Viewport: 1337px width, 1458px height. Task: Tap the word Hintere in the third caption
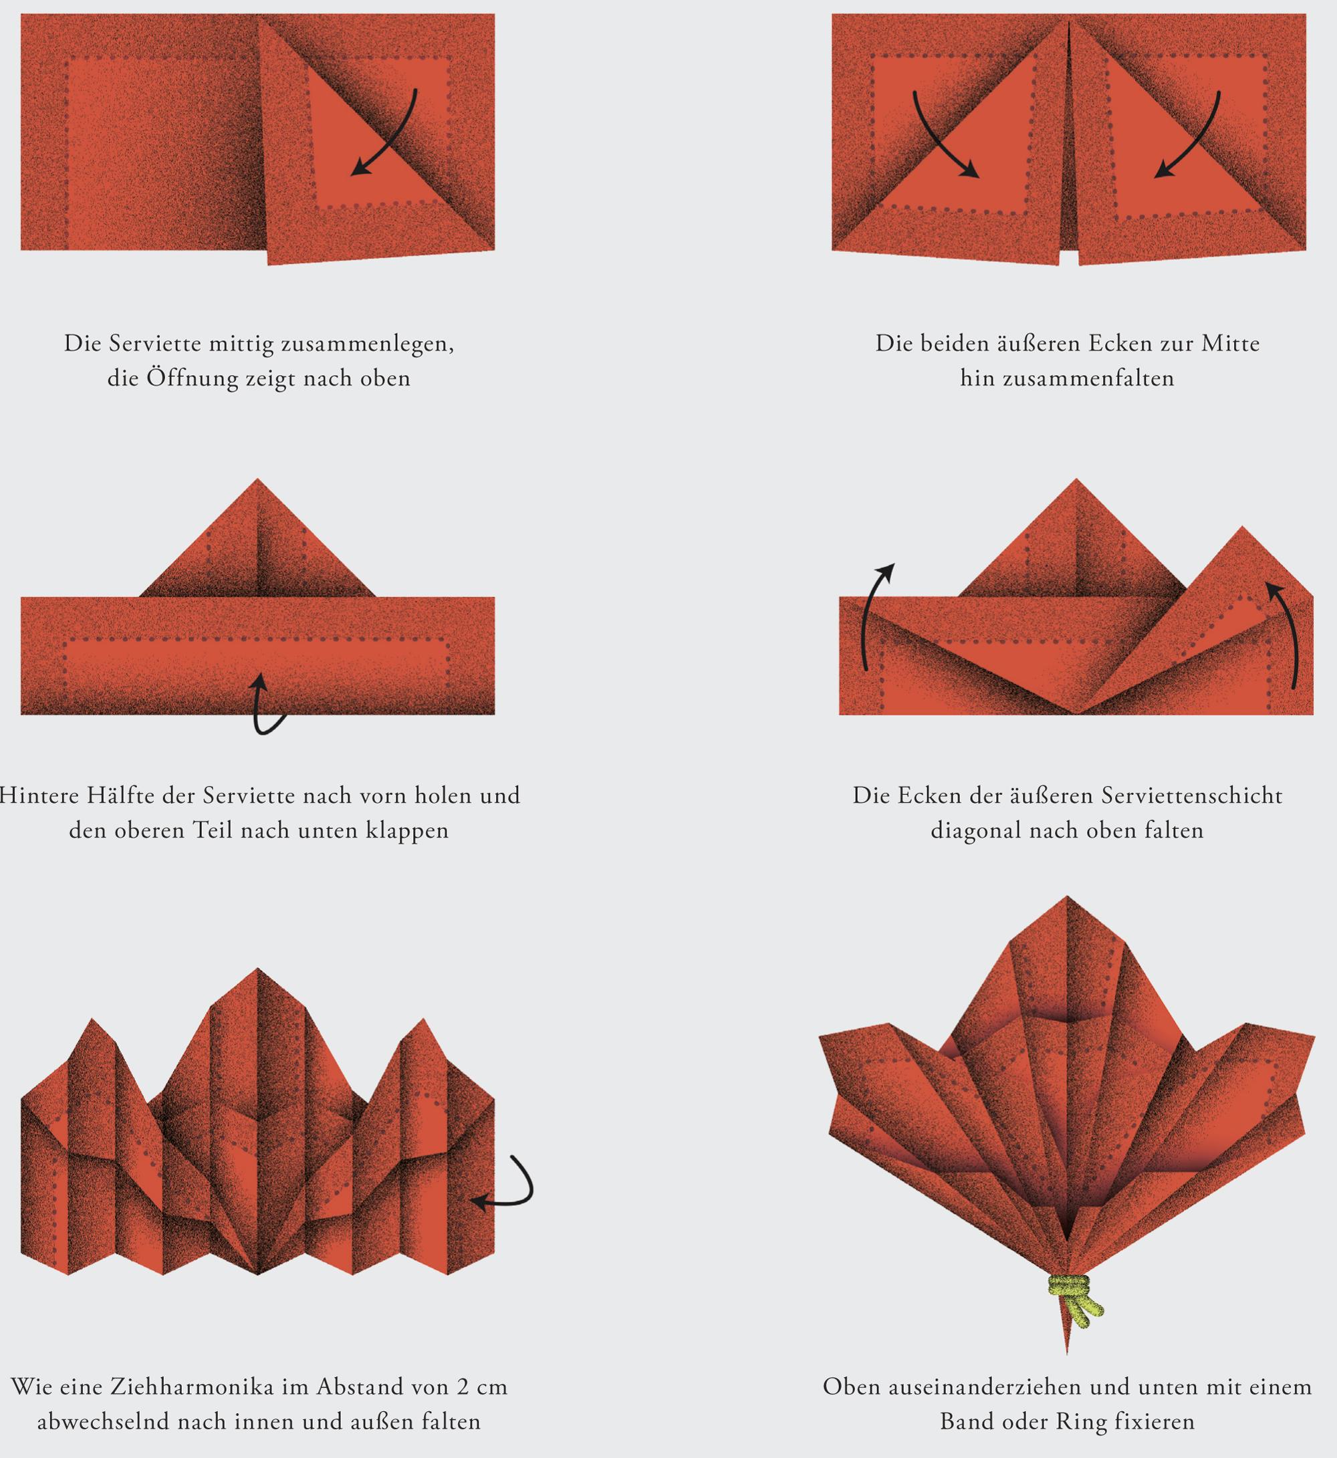pos(35,796)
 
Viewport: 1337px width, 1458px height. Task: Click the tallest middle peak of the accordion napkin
pos(257,967)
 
